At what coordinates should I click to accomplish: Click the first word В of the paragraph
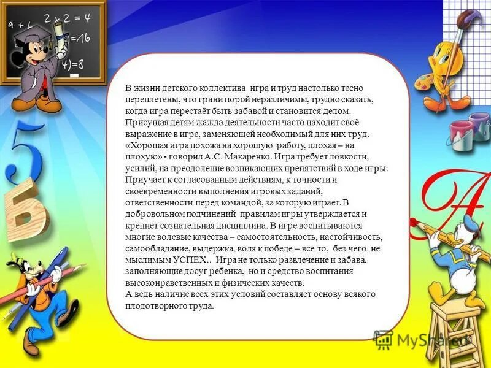click(x=127, y=87)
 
